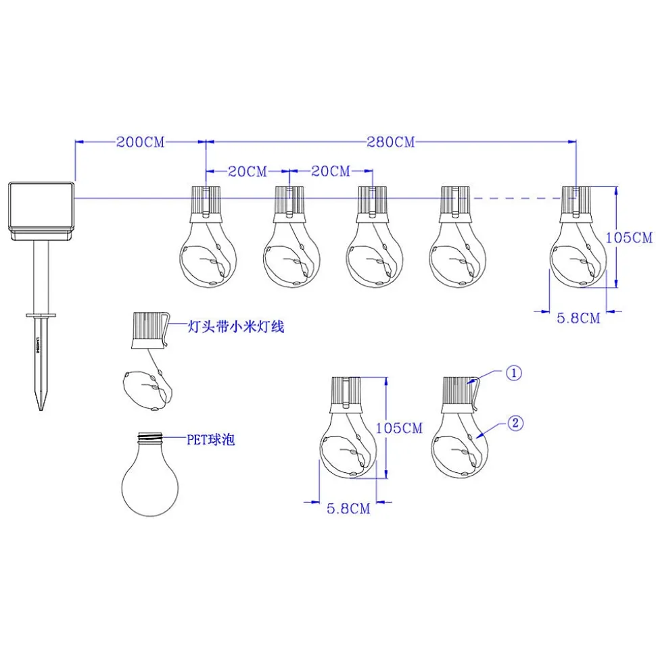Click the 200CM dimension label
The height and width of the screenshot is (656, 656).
[141, 142]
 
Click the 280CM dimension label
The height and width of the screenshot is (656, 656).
[391, 142]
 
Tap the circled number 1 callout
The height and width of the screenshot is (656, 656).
[514, 374]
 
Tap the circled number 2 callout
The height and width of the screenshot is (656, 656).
[515, 424]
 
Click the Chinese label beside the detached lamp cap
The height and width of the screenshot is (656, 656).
[235, 327]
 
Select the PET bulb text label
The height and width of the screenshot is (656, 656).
[210, 440]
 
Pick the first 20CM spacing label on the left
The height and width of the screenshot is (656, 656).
[248, 172]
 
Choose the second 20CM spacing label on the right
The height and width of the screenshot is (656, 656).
[330, 172]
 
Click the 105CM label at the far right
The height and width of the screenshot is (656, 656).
[629, 238]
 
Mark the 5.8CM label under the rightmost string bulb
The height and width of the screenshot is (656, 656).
[578, 318]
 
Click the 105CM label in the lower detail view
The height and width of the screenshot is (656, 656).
[399, 428]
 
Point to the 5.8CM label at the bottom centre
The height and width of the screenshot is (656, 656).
[348, 509]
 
